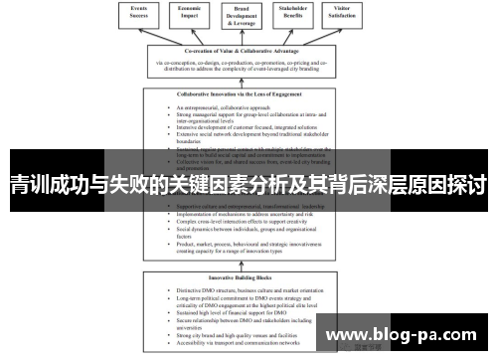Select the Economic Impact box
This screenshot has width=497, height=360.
click(x=195, y=15)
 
